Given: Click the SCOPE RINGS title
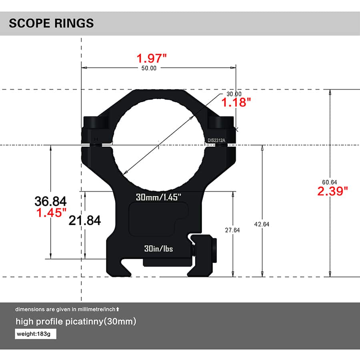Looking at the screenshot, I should pyautogui.click(x=51, y=23).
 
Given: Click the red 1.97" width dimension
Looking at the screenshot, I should pyautogui.click(x=152, y=58).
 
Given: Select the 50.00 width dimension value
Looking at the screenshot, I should pyautogui.click(x=148, y=68).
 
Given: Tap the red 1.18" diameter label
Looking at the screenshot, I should pyautogui.click(x=236, y=103).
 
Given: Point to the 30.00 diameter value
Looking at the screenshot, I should pyautogui.click(x=234, y=94).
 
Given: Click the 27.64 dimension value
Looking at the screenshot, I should pyautogui.click(x=232, y=230).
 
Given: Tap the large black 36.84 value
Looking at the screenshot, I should pyautogui.click(x=51, y=201).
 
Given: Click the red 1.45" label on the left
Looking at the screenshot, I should pyautogui.click(x=51, y=213).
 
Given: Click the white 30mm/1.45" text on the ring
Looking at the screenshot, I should pyautogui.click(x=158, y=197).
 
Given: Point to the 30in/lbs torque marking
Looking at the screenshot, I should pyautogui.click(x=158, y=248).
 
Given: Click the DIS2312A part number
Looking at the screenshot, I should pyautogui.click(x=216, y=140).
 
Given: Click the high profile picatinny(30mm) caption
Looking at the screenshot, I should pyautogui.click(x=76, y=322).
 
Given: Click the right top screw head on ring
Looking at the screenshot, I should pyautogui.click(x=221, y=122).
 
